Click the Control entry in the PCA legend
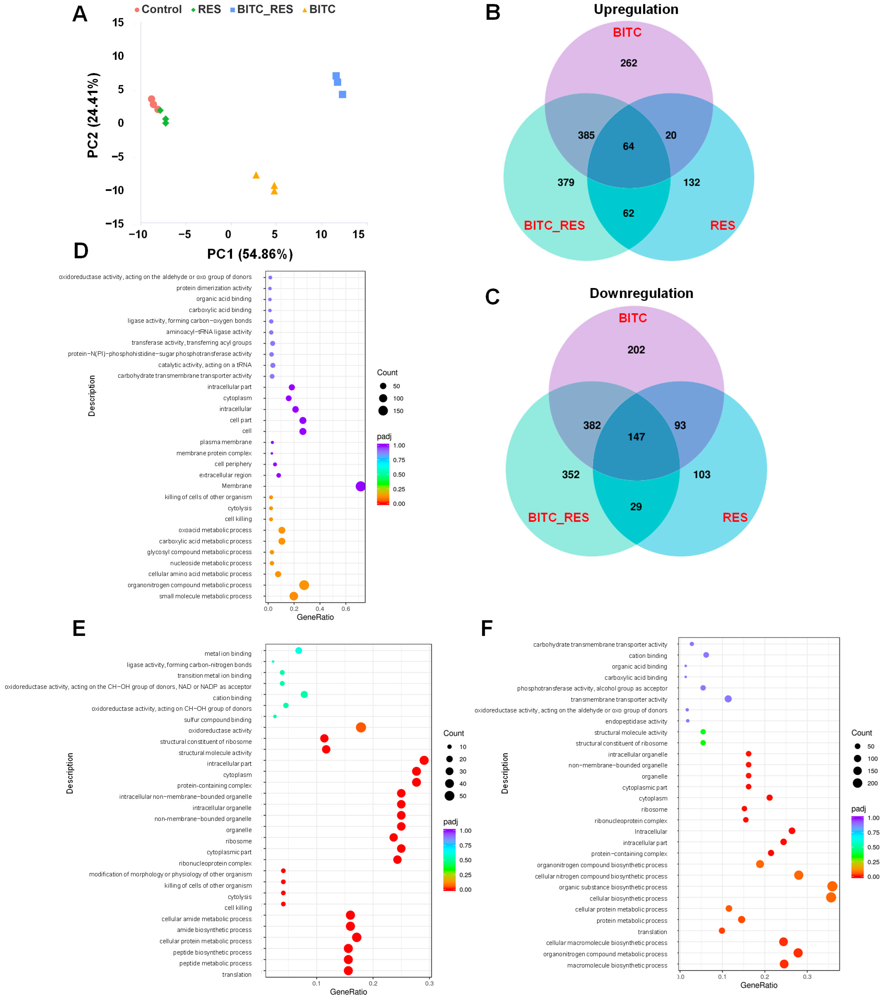click(x=161, y=9)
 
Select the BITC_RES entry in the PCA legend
click(x=264, y=9)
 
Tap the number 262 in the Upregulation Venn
click(x=628, y=63)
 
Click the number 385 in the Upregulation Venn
click(x=586, y=135)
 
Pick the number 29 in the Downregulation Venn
click(x=636, y=506)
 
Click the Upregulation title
click(x=636, y=9)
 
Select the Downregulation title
click(x=641, y=293)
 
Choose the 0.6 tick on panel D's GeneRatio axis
click(x=346, y=608)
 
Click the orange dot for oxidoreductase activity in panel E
click(x=361, y=727)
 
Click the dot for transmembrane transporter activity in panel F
click(x=728, y=699)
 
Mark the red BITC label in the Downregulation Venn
click(x=632, y=318)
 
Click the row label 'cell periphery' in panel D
click(x=233, y=464)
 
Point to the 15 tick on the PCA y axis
click(x=118, y=22)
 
